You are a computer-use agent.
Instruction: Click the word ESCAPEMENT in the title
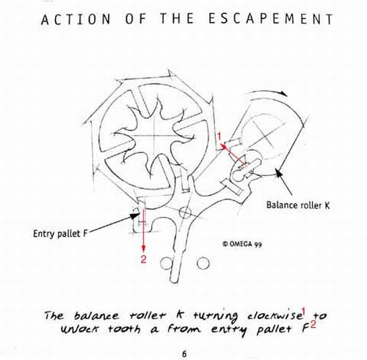tap(271, 18)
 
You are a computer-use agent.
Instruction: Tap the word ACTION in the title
tap(76, 19)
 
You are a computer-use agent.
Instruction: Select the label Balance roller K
tap(298, 205)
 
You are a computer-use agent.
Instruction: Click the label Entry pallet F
tap(60, 234)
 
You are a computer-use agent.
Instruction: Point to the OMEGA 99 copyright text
tap(242, 244)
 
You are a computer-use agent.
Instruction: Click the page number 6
tap(184, 354)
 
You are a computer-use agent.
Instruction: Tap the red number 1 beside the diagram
tap(219, 136)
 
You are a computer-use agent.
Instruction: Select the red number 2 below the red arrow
tap(143, 259)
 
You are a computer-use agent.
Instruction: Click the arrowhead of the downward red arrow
tap(143, 248)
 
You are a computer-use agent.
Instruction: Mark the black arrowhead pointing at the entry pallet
tap(135, 216)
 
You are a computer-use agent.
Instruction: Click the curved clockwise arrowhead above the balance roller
tap(283, 93)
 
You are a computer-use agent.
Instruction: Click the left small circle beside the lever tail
tap(166, 263)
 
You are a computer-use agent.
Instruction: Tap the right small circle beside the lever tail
tap(203, 263)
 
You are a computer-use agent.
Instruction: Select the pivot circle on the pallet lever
tap(185, 213)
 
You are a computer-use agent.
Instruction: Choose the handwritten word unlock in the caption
tap(79, 329)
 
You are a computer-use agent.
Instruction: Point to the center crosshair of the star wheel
tap(154, 136)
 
